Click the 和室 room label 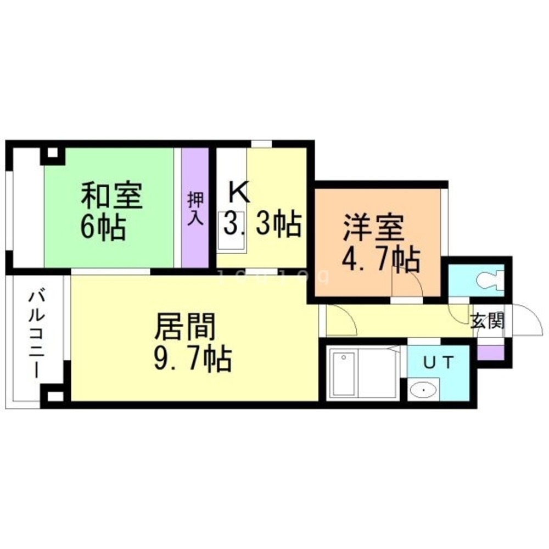click(x=112, y=197)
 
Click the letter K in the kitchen click(x=239, y=192)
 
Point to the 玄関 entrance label click(x=488, y=322)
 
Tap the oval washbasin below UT click(x=424, y=390)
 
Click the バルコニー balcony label click(x=37, y=335)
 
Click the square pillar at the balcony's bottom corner click(x=54, y=396)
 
